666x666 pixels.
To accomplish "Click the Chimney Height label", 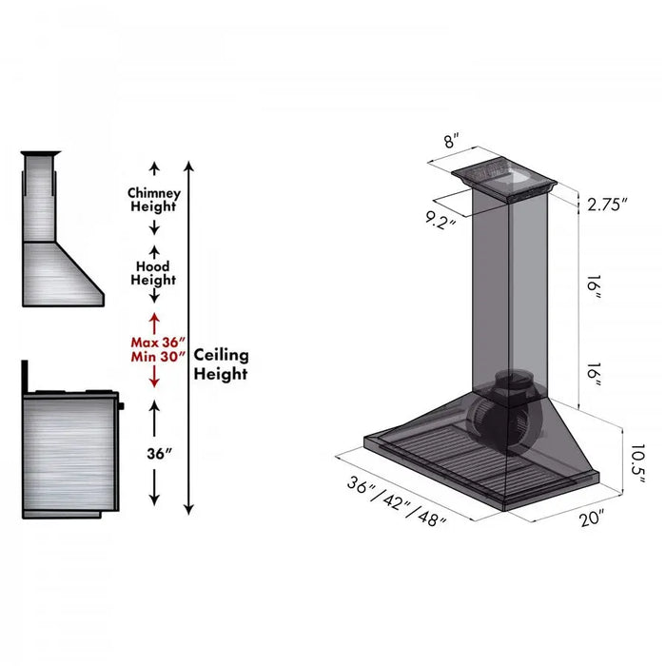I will pos(153,199).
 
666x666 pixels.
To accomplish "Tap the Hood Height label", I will pos(153,273).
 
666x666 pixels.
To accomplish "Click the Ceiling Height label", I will pos(221,363).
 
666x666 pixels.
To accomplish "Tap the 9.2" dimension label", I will pos(441,221).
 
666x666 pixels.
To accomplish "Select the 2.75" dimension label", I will pos(607,205).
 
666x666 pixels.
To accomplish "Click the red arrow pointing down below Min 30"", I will pos(154,379).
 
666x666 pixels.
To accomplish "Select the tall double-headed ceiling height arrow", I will pos(189,337).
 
